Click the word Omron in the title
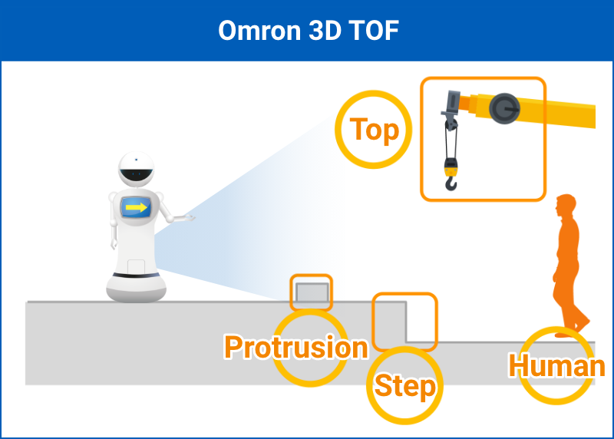point(260,31)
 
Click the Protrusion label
point(296,347)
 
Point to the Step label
point(405,387)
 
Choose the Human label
point(556,366)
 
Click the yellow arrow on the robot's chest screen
point(137,207)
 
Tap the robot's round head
point(136,169)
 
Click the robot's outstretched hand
point(185,218)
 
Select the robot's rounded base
point(137,288)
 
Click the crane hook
point(451,183)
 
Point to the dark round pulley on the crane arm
point(504,108)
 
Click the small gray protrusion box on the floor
point(312,292)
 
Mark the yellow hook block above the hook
point(451,167)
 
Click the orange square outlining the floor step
point(373,321)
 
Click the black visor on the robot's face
point(136,175)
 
